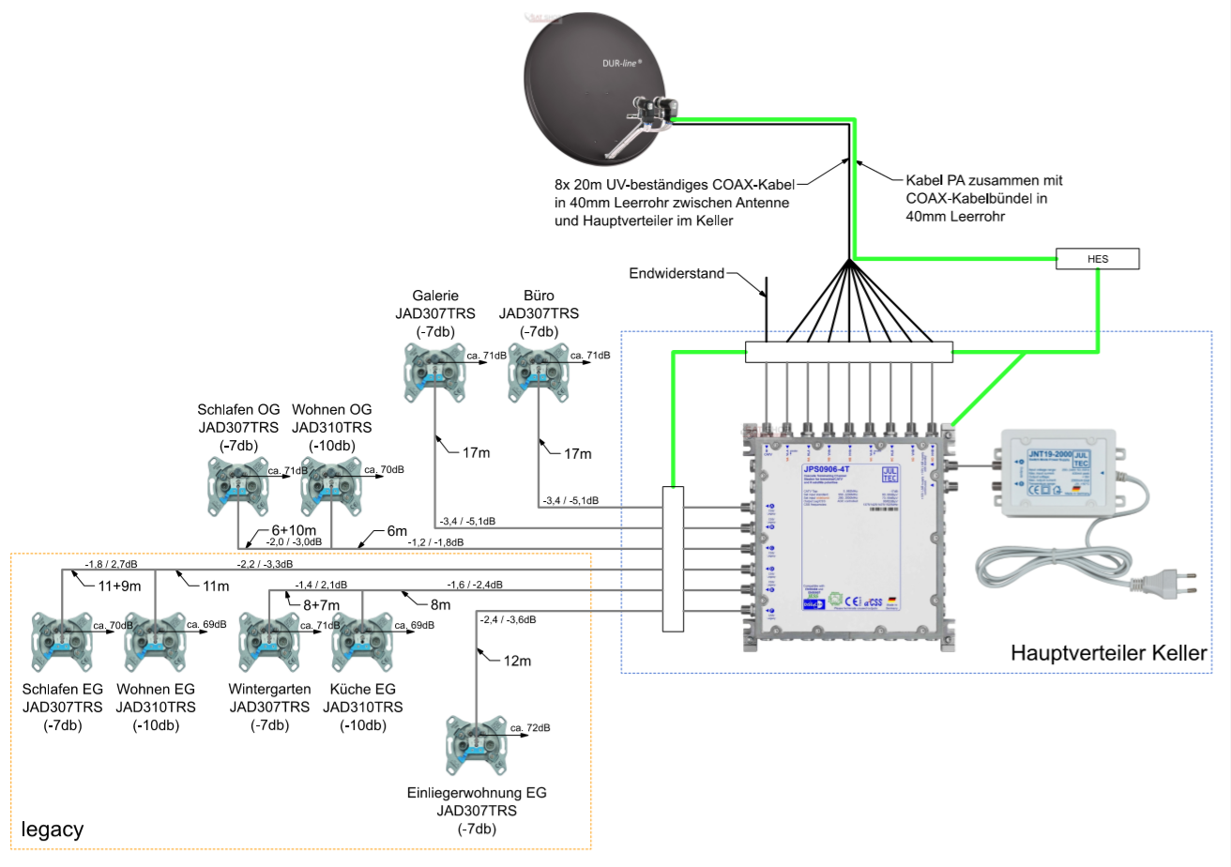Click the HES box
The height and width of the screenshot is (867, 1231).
1098,258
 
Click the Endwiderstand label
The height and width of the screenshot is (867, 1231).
676,274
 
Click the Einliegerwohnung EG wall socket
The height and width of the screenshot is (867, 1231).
477,742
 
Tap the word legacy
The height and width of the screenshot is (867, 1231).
53,829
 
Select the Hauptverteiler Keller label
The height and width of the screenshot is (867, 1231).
1107,653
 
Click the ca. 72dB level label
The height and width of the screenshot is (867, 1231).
530,727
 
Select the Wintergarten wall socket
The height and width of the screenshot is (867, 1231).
269,640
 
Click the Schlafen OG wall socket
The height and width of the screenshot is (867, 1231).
238,484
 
